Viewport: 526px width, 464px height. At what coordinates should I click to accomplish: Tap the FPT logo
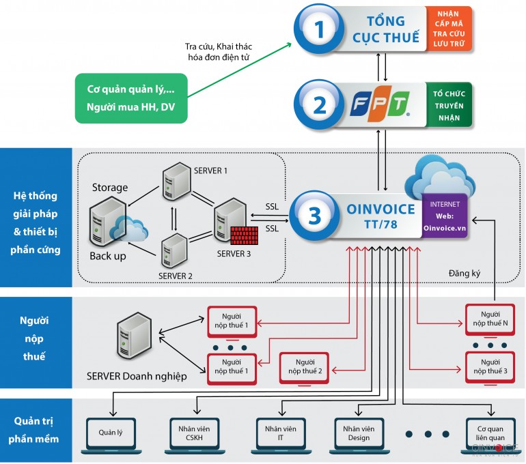pos(380,105)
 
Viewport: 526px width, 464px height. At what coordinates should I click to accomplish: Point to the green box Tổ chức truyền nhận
pos(448,105)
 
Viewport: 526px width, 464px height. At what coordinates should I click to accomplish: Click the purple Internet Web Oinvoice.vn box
pos(445,215)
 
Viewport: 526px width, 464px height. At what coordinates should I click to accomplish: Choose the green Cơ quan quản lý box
pos(130,98)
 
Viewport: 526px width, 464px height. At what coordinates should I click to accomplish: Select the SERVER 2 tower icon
pos(174,250)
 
